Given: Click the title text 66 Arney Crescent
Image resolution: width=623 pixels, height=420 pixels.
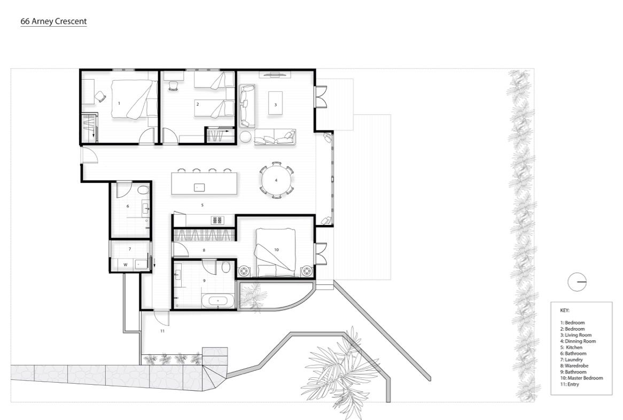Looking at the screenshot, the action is click(x=53, y=21).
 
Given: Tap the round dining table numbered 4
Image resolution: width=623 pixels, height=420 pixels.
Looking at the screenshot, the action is click(x=276, y=180).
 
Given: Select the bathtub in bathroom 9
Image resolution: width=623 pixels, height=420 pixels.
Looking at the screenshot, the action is click(x=218, y=301).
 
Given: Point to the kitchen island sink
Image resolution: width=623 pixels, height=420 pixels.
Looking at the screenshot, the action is click(x=199, y=187).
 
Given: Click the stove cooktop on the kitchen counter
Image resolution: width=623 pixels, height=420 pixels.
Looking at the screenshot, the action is click(x=218, y=220).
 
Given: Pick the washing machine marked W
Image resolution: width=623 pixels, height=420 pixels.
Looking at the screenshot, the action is click(x=126, y=265).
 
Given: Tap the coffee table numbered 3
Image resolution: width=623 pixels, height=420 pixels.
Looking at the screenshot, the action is click(x=275, y=103).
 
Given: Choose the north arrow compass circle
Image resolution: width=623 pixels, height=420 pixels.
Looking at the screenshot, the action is click(x=577, y=282).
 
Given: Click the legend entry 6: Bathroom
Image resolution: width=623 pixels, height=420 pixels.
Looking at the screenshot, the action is click(x=573, y=353).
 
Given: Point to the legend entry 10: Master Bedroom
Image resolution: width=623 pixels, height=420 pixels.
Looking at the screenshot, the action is click(x=581, y=378).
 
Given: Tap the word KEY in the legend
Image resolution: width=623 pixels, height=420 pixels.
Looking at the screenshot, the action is click(x=565, y=310).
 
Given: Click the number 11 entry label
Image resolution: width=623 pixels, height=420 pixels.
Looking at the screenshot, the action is click(x=162, y=331).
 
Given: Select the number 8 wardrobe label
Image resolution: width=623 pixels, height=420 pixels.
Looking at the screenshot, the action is click(x=204, y=250).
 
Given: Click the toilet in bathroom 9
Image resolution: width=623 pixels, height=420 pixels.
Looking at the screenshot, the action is click(x=226, y=267).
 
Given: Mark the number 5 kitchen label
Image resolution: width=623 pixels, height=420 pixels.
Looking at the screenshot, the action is click(x=203, y=205).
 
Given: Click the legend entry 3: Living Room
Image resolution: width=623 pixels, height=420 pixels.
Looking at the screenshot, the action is click(x=576, y=335).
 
